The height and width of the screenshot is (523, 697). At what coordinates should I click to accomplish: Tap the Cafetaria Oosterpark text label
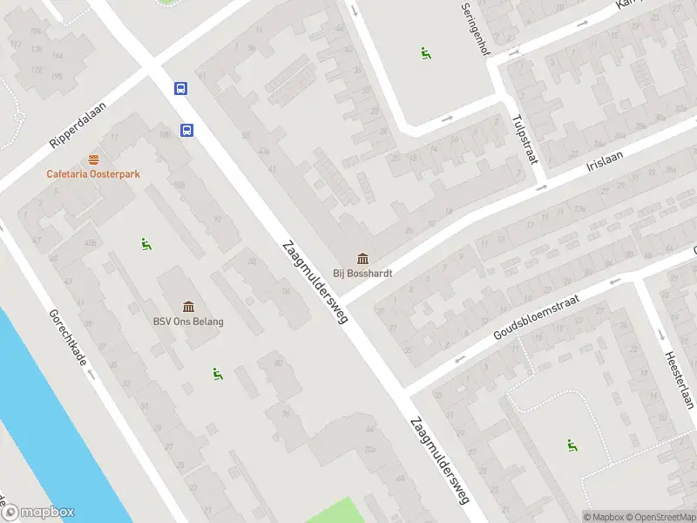(93, 173)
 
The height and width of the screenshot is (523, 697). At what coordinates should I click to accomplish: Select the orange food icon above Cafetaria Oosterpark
(93, 159)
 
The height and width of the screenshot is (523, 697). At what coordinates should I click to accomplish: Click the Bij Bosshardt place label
(362, 273)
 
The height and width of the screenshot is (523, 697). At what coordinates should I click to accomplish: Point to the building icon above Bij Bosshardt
(362, 258)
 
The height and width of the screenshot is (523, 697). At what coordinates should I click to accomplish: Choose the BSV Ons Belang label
(188, 322)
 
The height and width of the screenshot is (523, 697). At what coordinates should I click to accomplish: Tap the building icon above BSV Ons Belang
(188, 306)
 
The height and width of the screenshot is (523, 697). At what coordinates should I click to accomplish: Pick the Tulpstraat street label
(525, 137)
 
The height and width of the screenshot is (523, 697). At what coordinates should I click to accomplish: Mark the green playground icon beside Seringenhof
(426, 53)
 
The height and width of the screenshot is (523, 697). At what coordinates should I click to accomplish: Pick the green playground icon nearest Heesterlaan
(572, 445)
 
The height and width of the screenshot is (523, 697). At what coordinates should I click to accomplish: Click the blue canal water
(44, 410)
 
